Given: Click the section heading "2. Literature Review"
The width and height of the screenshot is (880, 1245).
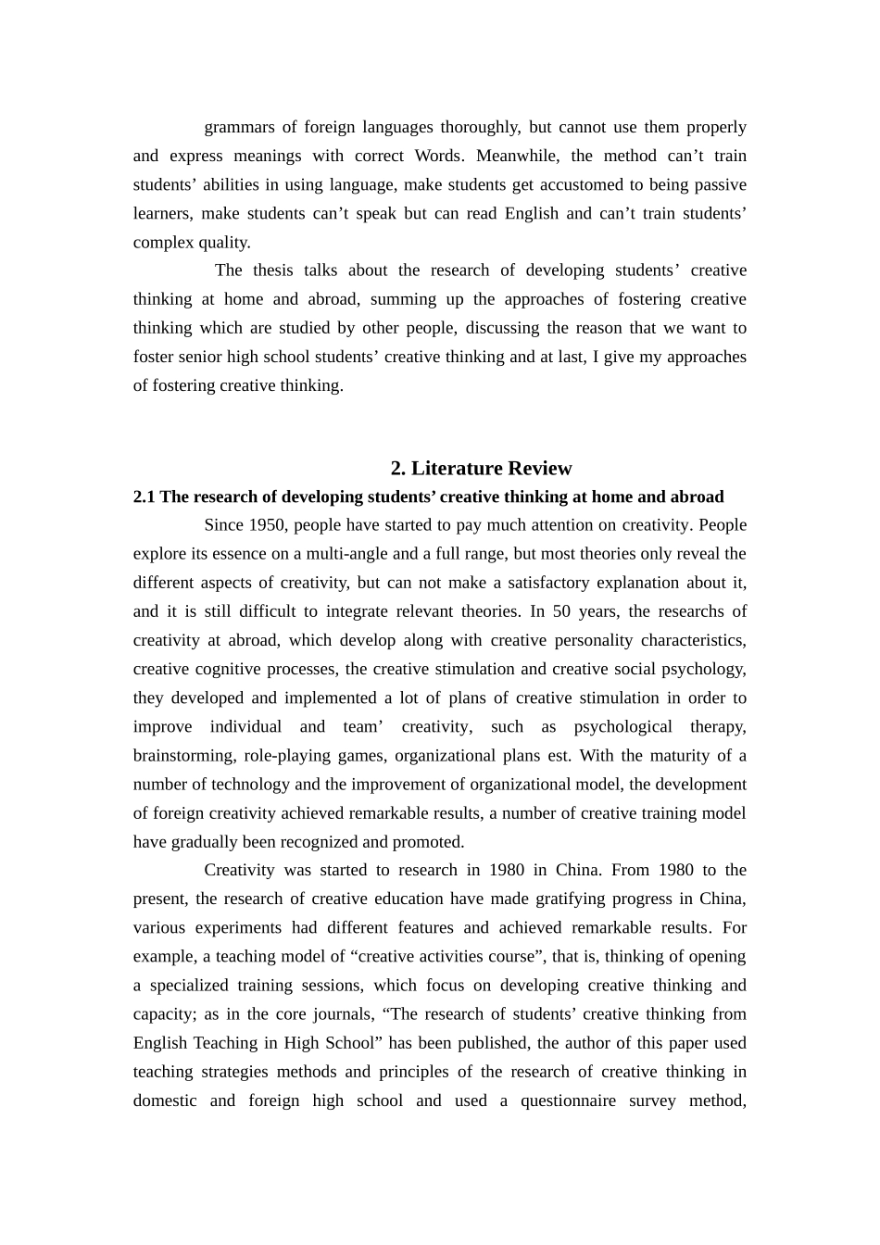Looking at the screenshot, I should (x=481, y=468).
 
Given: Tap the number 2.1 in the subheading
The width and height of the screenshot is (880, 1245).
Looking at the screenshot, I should (x=145, y=497).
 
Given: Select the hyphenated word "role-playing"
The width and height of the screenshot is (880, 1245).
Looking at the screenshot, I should (x=286, y=756).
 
